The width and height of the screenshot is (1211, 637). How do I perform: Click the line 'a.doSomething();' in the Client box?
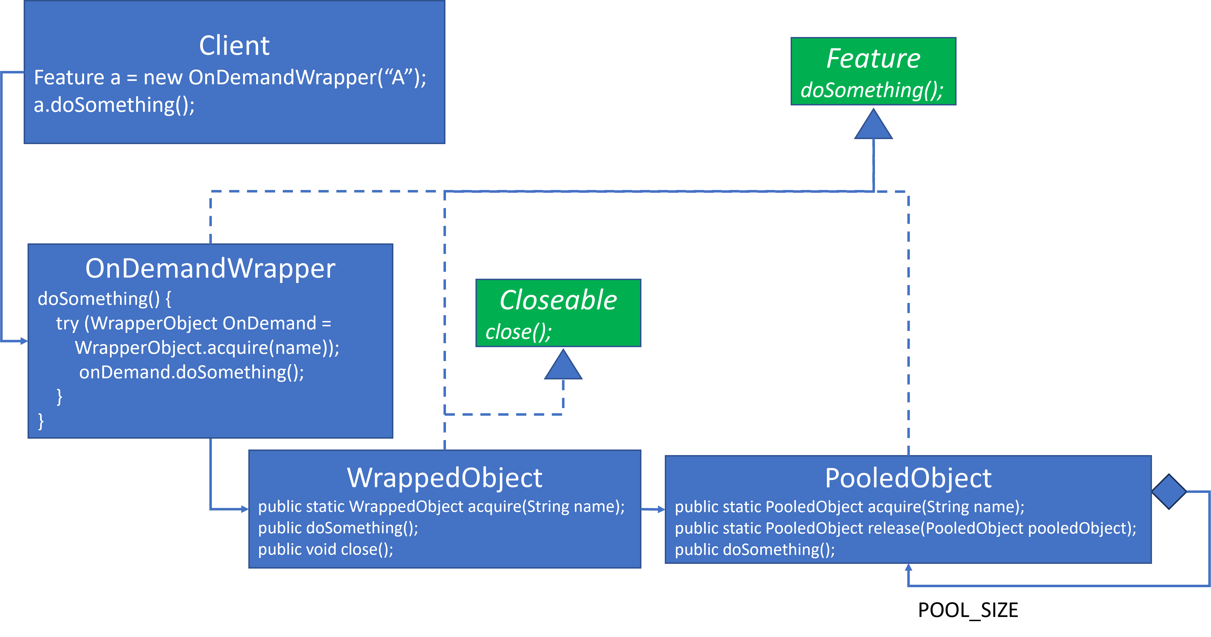tap(114, 105)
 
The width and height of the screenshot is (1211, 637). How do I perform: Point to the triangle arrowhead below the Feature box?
tap(873, 125)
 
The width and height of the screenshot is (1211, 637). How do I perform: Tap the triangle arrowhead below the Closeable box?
tap(563, 366)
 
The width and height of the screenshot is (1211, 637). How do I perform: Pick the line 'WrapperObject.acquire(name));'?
tap(207, 348)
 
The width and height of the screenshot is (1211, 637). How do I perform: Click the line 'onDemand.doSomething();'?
tap(191, 372)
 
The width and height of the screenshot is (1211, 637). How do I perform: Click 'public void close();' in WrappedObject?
tap(325, 549)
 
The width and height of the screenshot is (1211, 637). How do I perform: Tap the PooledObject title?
tap(908, 478)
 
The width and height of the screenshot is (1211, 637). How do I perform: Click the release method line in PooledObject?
tap(905, 528)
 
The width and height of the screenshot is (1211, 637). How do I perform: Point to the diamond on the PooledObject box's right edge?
tap(1169, 491)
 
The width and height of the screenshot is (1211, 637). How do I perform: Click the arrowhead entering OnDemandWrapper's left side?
tap(24, 341)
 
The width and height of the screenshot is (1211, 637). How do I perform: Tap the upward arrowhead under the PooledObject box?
tap(908, 567)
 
